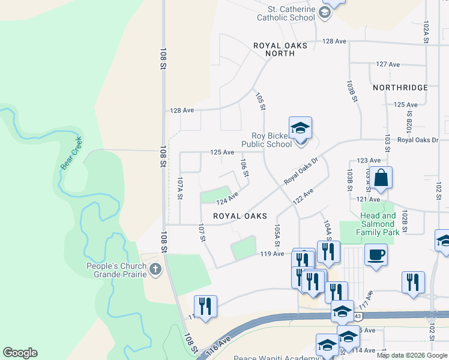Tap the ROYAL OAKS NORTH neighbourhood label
click(280, 49)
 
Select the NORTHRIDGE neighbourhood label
click(400, 88)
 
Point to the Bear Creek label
click(71, 154)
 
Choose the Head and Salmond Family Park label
click(378, 224)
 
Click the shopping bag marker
click(381, 178)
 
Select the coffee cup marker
click(376, 254)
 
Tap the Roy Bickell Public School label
click(267, 140)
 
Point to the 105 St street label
click(260, 101)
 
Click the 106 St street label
click(244, 168)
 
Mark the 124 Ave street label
click(228, 197)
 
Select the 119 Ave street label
click(271, 254)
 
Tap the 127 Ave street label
click(388, 64)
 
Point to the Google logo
click(20, 353)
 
